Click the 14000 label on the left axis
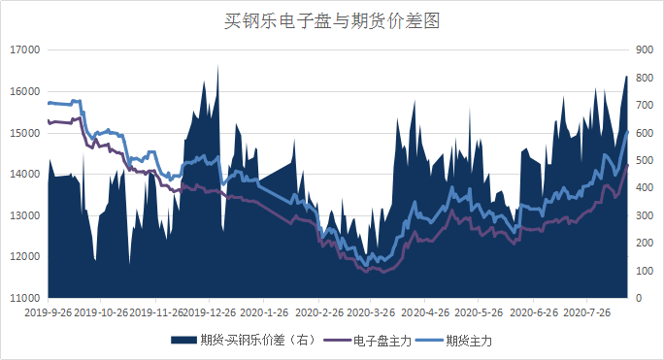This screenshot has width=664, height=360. [23, 174]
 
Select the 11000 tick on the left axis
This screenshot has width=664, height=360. [23, 297]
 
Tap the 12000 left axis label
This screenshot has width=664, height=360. [23, 256]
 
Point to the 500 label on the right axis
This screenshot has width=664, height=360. [644, 160]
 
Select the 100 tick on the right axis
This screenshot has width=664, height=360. [644, 270]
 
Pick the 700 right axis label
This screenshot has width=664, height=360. [644, 105]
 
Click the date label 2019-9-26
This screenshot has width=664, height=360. [49, 313]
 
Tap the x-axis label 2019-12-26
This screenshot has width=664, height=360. [210, 313]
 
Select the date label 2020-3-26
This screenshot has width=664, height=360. [372, 313]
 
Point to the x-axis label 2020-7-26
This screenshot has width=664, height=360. [587, 313]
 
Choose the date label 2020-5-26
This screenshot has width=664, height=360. [480, 313]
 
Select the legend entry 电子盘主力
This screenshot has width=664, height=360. [379, 341]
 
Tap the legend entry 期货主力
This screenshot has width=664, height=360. [469, 341]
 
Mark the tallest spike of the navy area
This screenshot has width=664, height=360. [217, 66]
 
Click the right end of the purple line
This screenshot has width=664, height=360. [627, 166]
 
